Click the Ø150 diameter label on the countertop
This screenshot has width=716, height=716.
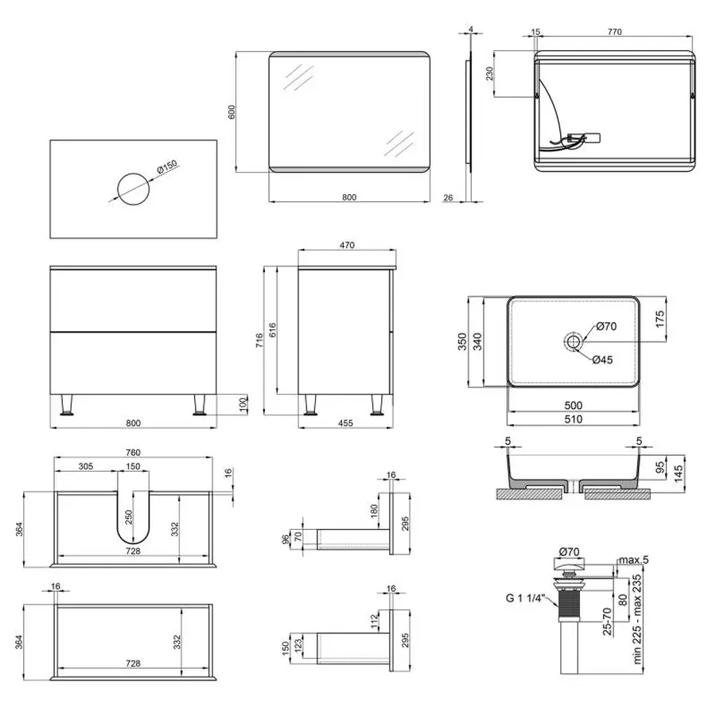pos(167,169)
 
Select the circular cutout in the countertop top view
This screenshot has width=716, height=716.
pos(133,188)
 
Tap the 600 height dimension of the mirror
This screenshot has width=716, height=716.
pos(232,112)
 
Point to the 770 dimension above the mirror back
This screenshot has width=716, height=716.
pos(613,33)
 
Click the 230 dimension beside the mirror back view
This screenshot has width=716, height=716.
pos(490,74)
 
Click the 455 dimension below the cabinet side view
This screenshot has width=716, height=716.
pos(345,423)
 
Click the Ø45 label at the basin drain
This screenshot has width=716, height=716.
pos(602,360)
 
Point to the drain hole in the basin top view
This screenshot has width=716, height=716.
pos(573,342)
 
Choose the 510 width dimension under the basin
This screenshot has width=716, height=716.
pos(573,419)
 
